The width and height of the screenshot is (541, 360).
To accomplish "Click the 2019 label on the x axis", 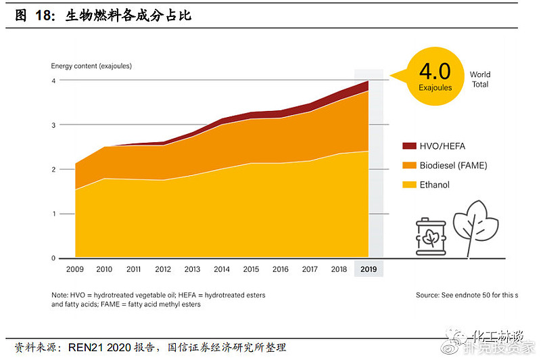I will click(x=369, y=269).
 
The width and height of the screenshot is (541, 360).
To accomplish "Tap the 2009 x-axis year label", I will click(x=75, y=269).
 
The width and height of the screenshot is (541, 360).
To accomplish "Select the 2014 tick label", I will click(x=222, y=269).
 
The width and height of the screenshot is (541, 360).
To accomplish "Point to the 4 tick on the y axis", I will click(x=53, y=81).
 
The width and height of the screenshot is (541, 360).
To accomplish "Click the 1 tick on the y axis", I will click(x=53, y=214).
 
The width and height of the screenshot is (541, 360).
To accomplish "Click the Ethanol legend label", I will click(x=436, y=185).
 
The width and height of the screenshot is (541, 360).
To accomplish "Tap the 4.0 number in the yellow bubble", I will click(x=435, y=71).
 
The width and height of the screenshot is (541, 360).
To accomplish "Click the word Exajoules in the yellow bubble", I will click(x=435, y=87).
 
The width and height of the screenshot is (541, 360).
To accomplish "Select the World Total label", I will click(x=480, y=79).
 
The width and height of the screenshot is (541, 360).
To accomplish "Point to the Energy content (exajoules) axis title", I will click(x=91, y=66).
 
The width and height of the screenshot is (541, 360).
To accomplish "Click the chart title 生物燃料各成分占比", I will click(x=128, y=15).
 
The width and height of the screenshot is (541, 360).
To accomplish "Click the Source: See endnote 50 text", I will click(x=467, y=295).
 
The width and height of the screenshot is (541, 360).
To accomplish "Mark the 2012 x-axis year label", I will click(x=163, y=269).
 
